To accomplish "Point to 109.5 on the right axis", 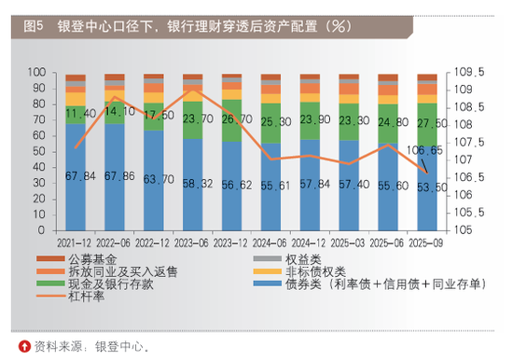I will [464, 72].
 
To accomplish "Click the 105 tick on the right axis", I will [461, 228].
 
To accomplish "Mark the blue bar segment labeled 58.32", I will [193, 184].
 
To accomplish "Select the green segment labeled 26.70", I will [232, 120].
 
